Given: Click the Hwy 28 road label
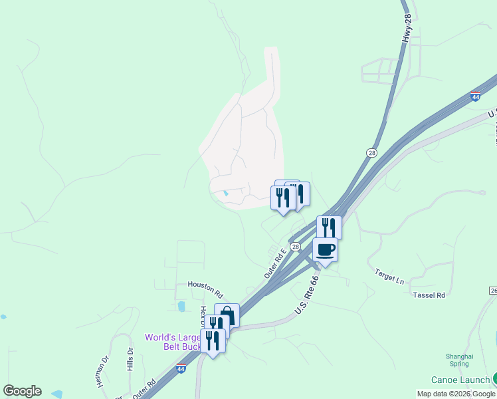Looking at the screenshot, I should (408, 30).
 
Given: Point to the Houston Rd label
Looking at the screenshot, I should (205, 287).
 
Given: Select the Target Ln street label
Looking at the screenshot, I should (389, 276).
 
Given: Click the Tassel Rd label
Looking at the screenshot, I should (429, 294).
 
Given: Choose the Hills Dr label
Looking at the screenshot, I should (130, 359).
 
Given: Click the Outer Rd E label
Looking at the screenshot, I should (274, 262).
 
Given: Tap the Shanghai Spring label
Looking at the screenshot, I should (460, 360).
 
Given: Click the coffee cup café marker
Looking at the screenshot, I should (325, 250).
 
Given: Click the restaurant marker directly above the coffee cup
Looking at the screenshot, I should (329, 227).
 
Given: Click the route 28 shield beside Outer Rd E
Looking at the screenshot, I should (296, 246).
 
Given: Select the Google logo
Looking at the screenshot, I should (22, 391).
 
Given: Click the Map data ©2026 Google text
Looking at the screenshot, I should (455, 394).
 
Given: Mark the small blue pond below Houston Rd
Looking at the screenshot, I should (181, 307).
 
